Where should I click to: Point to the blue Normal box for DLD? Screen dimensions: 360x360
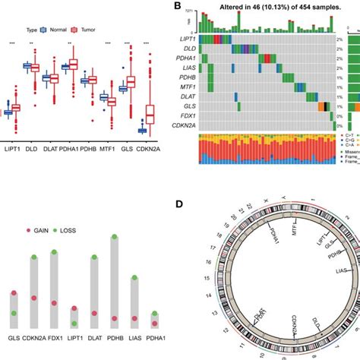click(x=27, y=66)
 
